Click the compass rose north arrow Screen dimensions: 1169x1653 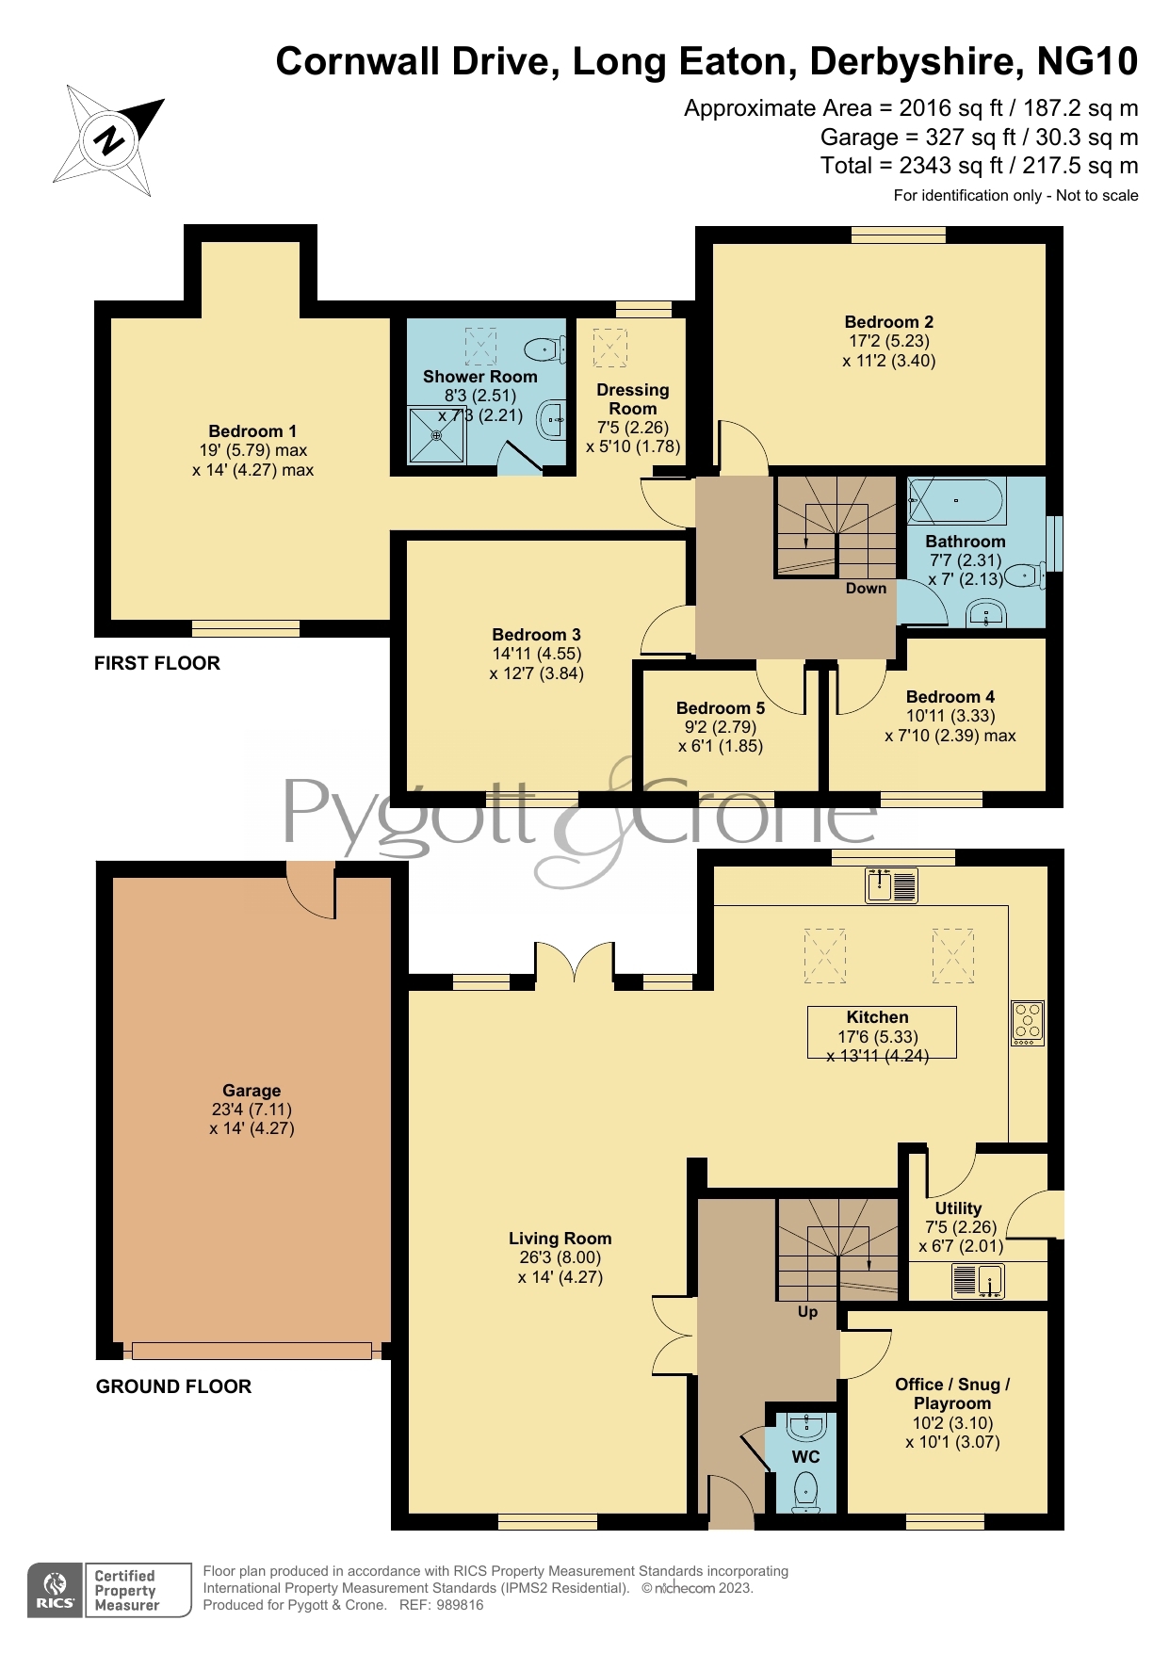coord(108,139)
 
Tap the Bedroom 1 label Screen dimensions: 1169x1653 coord(252,431)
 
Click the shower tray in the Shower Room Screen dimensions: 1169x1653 coord(436,435)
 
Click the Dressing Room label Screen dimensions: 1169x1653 coord(633,399)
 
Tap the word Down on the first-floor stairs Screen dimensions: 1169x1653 coord(866,589)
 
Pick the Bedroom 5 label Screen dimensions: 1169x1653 coord(721,708)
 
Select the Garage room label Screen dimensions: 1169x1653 coord(252,1091)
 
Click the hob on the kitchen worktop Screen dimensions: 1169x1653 coord(1027,1023)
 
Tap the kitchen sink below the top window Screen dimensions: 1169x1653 coord(891,885)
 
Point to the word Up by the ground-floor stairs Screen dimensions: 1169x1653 coord(807,1312)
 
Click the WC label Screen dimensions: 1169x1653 coord(805,1457)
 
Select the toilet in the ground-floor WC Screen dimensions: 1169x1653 coord(805,1492)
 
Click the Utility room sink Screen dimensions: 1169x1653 coord(978,1281)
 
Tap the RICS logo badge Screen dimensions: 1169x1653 coord(56,1590)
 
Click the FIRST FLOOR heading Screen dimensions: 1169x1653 coord(157,663)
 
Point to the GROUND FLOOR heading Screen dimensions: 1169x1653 coord(174,1386)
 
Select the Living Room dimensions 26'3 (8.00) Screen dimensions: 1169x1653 coord(560,1257)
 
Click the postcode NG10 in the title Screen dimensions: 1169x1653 coord(1087,61)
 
